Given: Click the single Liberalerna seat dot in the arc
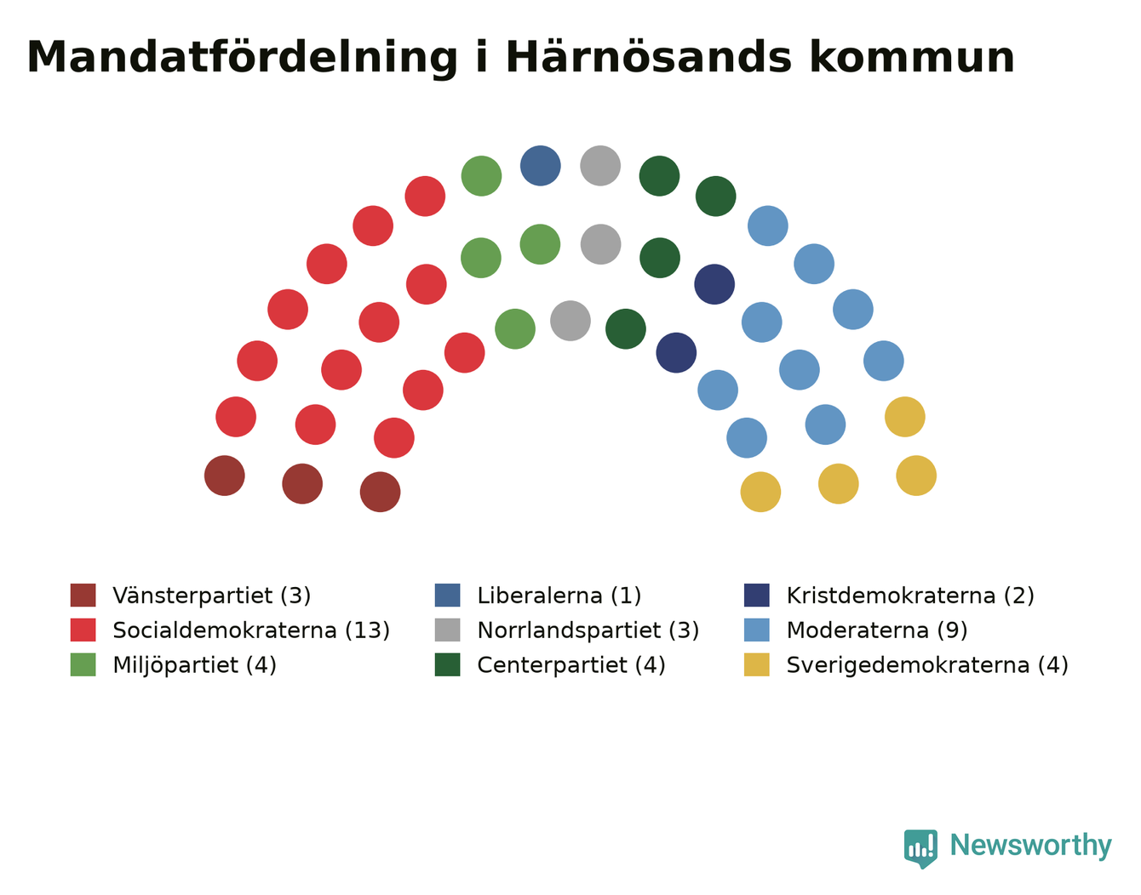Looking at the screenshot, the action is [541, 166].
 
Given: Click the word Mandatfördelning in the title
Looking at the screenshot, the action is [242, 58].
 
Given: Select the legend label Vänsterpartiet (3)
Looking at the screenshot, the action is [212, 596].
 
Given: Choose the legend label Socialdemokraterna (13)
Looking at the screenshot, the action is [251, 630].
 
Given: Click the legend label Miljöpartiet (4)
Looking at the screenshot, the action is [194, 664].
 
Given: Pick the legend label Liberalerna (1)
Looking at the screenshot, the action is [559, 596].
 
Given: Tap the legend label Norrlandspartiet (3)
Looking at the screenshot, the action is [588, 630].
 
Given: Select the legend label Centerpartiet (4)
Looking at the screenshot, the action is [571, 664].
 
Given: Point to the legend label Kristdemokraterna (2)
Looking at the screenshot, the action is [910, 596].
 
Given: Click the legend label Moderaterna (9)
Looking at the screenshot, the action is [877, 630].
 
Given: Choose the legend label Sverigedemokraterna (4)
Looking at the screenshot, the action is [927, 664].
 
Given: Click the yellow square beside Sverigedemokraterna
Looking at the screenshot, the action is [757, 664].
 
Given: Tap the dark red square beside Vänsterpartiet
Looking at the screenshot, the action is [83, 595].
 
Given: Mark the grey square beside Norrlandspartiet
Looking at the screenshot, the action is [447, 630].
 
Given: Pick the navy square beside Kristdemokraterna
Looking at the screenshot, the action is [757, 595].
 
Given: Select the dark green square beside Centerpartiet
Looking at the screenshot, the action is [447, 664].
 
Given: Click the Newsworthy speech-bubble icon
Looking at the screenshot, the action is [920, 848].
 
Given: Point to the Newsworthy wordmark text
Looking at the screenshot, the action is [1031, 845].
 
